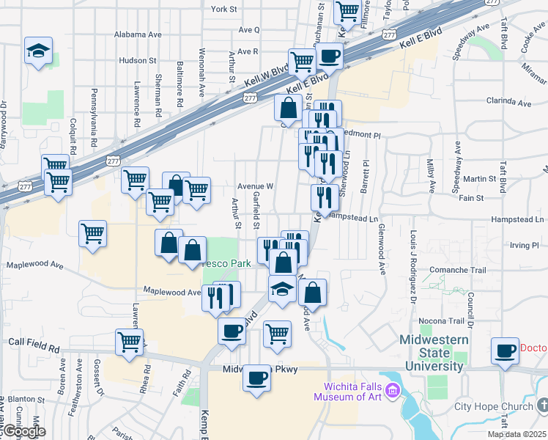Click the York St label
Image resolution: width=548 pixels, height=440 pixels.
tap(223, 10)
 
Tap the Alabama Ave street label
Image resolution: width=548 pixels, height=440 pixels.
tap(138, 34)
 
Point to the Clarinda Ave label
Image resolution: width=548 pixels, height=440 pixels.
tap(507, 103)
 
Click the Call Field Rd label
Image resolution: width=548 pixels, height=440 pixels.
tap(34, 342)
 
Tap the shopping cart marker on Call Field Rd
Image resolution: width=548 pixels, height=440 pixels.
tap(129, 341)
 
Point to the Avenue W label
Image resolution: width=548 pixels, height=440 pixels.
tap(255, 186)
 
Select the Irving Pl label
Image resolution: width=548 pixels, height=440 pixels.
tap(525, 244)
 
